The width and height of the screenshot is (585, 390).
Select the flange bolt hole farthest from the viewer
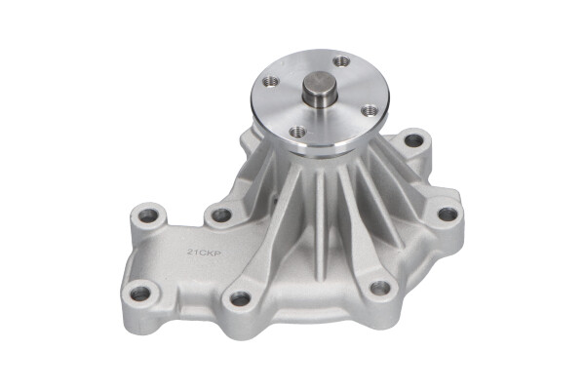point(340,61)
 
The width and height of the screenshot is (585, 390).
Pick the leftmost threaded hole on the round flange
point(272,81)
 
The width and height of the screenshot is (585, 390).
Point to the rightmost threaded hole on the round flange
point(370,111)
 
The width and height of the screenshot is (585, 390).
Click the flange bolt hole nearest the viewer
point(298,131)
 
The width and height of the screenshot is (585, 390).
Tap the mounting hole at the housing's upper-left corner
point(149,214)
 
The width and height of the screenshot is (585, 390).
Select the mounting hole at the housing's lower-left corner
point(140,292)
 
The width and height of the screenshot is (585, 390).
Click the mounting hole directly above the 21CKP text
point(221,214)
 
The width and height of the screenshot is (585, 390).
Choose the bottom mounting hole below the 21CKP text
point(240,298)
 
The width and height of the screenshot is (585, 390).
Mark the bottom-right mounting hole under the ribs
point(379,288)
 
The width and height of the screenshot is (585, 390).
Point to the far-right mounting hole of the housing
point(447,214)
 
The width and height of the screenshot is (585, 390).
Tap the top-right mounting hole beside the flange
point(413,140)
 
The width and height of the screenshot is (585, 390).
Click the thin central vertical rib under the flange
point(321,210)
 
